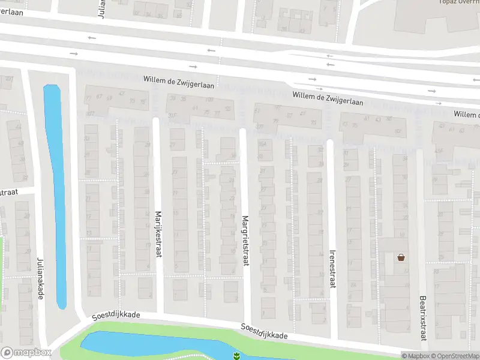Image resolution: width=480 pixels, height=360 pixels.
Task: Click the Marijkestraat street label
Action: [x=159, y=235]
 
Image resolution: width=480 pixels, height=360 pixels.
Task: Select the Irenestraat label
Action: [x=332, y=269]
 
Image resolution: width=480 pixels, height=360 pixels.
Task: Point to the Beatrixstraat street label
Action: [x=422, y=318]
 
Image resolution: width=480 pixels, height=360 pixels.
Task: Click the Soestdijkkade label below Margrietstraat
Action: [x=264, y=331]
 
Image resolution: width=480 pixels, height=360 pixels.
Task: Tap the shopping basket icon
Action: [x=401, y=257]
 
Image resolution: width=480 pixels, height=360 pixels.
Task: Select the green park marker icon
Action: [x=237, y=356]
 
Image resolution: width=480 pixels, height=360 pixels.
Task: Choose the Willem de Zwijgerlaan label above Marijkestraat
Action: [x=179, y=80]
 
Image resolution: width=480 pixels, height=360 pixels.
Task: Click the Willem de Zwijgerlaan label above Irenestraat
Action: [x=328, y=98]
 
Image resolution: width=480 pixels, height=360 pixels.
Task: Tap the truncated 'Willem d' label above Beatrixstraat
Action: [x=466, y=114]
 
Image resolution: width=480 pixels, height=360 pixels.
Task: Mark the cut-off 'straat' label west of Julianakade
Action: [x=8, y=192]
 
